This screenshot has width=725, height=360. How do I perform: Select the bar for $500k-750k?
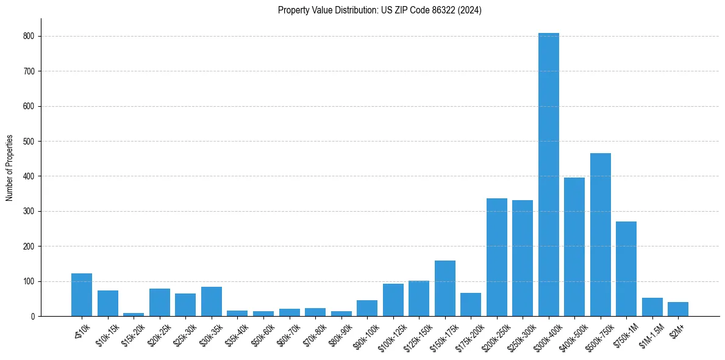pyautogui.click(x=600, y=235)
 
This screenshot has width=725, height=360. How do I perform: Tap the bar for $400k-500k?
pyautogui.click(x=574, y=247)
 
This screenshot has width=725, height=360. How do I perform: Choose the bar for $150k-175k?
pyautogui.click(x=445, y=289)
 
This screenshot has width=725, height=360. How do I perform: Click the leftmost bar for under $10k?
pyautogui.click(x=82, y=295)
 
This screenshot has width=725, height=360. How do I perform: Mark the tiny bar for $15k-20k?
pyautogui.click(x=134, y=314)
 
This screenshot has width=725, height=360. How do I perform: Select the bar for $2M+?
pyautogui.click(x=678, y=309)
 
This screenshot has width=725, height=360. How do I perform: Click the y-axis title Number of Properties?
pyautogui.click(x=9, y=167)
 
